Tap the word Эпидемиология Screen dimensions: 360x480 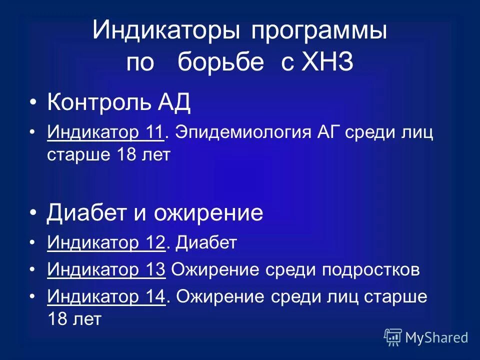(244, 133)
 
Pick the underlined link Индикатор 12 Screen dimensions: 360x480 (106, 243)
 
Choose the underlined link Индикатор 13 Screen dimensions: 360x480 (106, 270)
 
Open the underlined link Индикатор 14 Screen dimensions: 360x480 (106, 297)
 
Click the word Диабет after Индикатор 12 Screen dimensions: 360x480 (206, 243)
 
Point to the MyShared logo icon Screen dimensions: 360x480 (393, 337)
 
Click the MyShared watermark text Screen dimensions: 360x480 (436, 337)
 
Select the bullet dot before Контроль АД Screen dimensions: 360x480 (33, 103)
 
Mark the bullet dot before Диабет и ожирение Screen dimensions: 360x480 (33, 213)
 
